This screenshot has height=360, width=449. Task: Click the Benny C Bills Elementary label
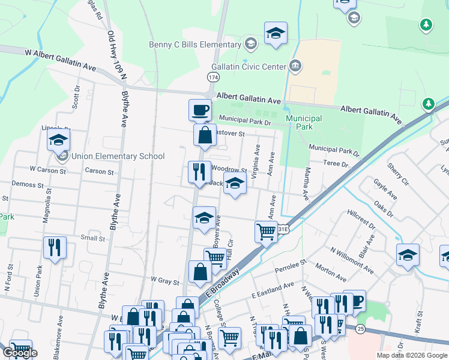[x=195, y=44]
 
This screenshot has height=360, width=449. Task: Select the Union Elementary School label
[x=118, y=157]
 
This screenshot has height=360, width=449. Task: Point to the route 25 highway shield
[x=360, y=329]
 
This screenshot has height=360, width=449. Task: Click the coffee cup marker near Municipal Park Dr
[x=200, y=110]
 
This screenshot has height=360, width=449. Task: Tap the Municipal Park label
[x=304, y=122]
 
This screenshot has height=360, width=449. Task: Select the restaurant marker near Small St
[x=55, y=248]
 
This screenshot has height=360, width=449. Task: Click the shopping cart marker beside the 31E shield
[x=266, y=231]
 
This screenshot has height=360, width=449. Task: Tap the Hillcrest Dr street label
[x=360, y=220]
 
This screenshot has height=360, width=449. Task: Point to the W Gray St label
[x=165, y=280]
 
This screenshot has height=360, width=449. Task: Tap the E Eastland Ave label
[x=273, y=289]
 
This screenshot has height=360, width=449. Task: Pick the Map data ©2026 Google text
[x=412, y=355]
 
